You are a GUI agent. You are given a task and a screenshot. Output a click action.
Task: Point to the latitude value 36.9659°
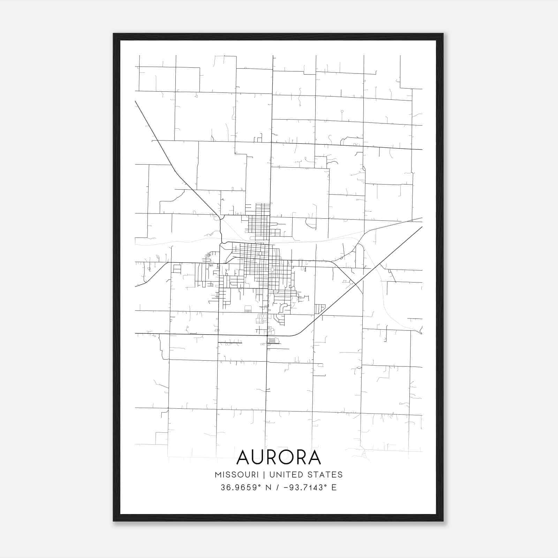pyautogui.click(x=241, y=488)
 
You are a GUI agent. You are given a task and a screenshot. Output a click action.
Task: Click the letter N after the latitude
pyautogui.click(x=269, y=488)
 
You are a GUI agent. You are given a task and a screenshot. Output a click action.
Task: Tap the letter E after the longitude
pyautogui.click(x=334, y=488)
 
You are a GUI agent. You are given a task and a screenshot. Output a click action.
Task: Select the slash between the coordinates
pyautogui.click(x=278, y=488)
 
